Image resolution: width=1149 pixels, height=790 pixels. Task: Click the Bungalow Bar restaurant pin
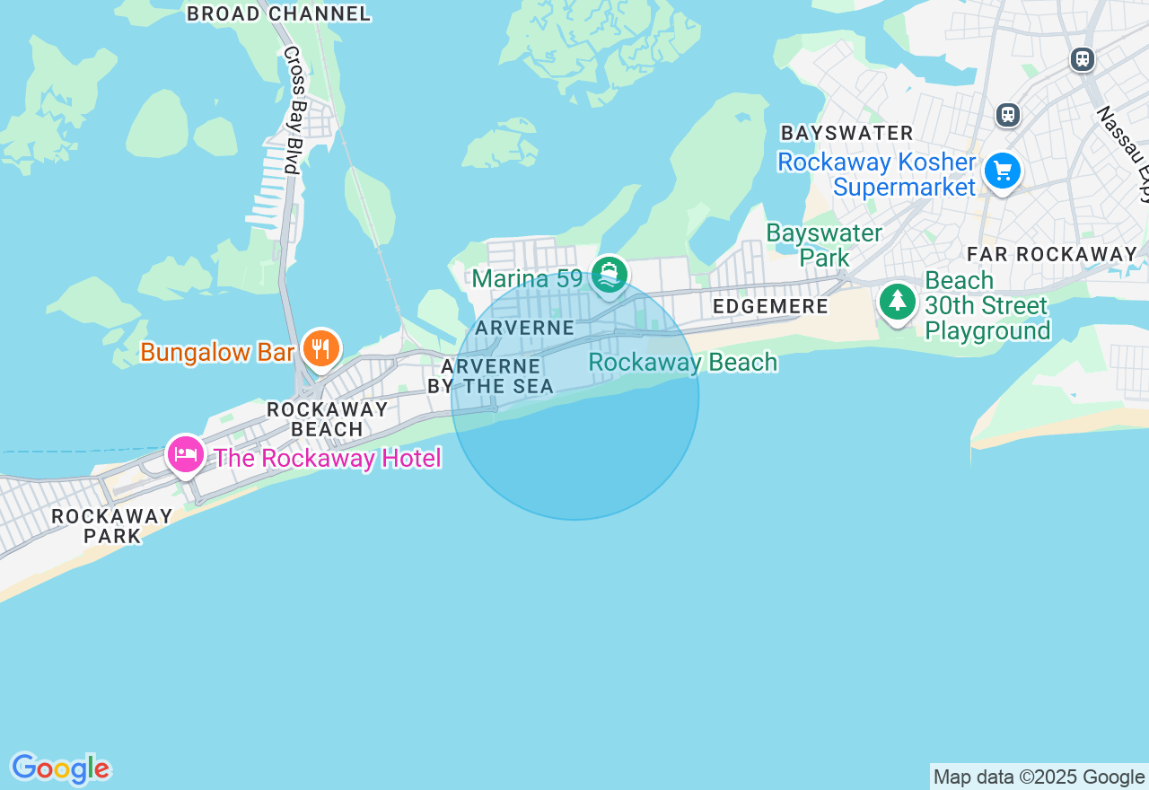[320, 348]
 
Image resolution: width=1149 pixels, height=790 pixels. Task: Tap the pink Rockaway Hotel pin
[185, 454]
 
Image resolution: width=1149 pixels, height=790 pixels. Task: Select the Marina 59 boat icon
[610, 275]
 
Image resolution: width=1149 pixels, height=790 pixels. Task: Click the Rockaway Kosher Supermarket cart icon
[1002, 171]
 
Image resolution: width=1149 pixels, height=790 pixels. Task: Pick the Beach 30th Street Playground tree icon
[897, 302]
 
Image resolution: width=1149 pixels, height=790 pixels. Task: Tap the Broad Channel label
[278, 13]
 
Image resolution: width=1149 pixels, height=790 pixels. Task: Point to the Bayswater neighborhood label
[846, 133]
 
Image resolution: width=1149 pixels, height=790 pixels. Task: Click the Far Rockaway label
[1052, 254]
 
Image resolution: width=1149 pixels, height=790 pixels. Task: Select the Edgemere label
[770, 306]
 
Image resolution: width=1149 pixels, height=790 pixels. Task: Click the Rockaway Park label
[112, 526]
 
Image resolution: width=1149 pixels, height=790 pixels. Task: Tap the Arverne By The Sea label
[490, 376]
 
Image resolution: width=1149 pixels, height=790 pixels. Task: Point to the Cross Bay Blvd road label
[294, 110]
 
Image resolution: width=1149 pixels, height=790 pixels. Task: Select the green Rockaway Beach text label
[682, 363]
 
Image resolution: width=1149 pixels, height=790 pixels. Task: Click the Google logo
[60, 769]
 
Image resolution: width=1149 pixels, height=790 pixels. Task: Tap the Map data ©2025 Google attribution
[1039, 777]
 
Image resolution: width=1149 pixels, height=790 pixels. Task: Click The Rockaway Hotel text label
[328, 459]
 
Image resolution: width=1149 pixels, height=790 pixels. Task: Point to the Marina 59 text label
[528, 278]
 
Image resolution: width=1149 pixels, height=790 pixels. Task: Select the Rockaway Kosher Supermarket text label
[876, 175]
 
